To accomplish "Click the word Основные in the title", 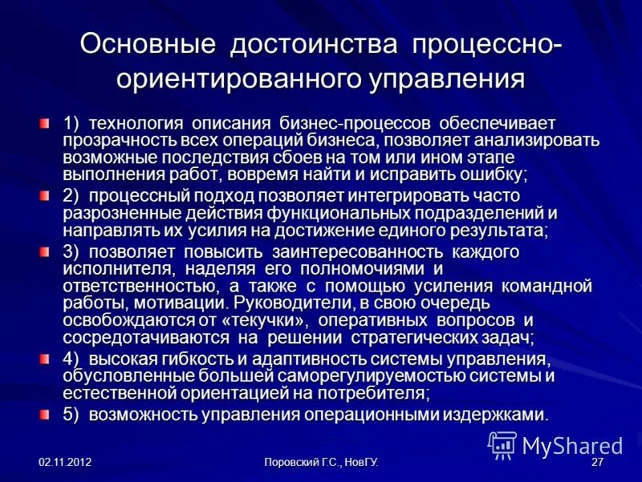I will [148, 44].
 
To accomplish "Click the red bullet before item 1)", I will [47, 123].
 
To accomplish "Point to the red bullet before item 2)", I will [47, 194].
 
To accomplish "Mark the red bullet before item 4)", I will [47, 357].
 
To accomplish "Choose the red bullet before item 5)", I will [47, 413].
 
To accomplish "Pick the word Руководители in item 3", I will [287, 303].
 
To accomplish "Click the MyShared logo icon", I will [503, 444].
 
